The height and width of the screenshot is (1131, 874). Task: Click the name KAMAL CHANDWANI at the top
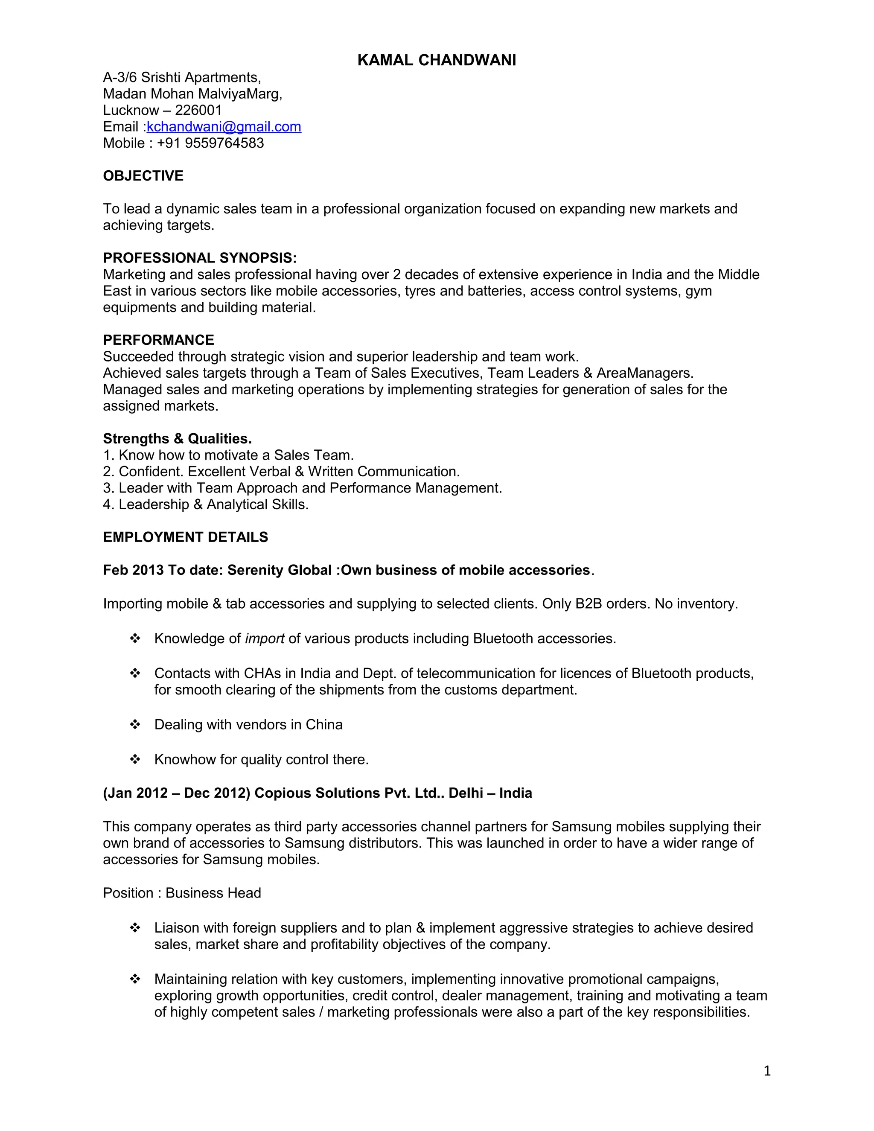(437, 60)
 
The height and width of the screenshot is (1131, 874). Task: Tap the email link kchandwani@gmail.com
(224, 127)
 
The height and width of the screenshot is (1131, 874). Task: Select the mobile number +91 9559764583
(210, 143)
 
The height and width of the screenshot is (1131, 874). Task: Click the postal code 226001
(198, 110)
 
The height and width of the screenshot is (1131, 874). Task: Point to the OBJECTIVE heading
(143, 176)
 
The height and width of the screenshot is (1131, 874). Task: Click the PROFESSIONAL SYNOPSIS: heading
(200, 258)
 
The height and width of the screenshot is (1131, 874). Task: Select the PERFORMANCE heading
(158, 340)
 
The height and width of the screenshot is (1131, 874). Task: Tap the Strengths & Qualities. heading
(177, 439)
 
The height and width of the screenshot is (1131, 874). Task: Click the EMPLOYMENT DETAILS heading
(185, 537)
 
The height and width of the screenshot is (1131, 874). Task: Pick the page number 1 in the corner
(767, 1071)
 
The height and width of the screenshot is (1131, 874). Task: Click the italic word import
(265, 638)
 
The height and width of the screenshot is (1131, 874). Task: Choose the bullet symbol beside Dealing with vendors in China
(135, 725)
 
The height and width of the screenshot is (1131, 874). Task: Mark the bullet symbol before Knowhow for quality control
(135, 759)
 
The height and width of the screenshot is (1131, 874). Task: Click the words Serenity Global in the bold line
(280, 570)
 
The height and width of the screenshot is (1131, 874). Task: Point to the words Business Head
(213, 893)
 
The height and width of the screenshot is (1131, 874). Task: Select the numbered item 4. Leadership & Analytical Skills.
(206, 504)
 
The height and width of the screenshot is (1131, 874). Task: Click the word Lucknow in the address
(131, 110)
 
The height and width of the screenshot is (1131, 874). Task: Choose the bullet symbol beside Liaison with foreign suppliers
(135, 927)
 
